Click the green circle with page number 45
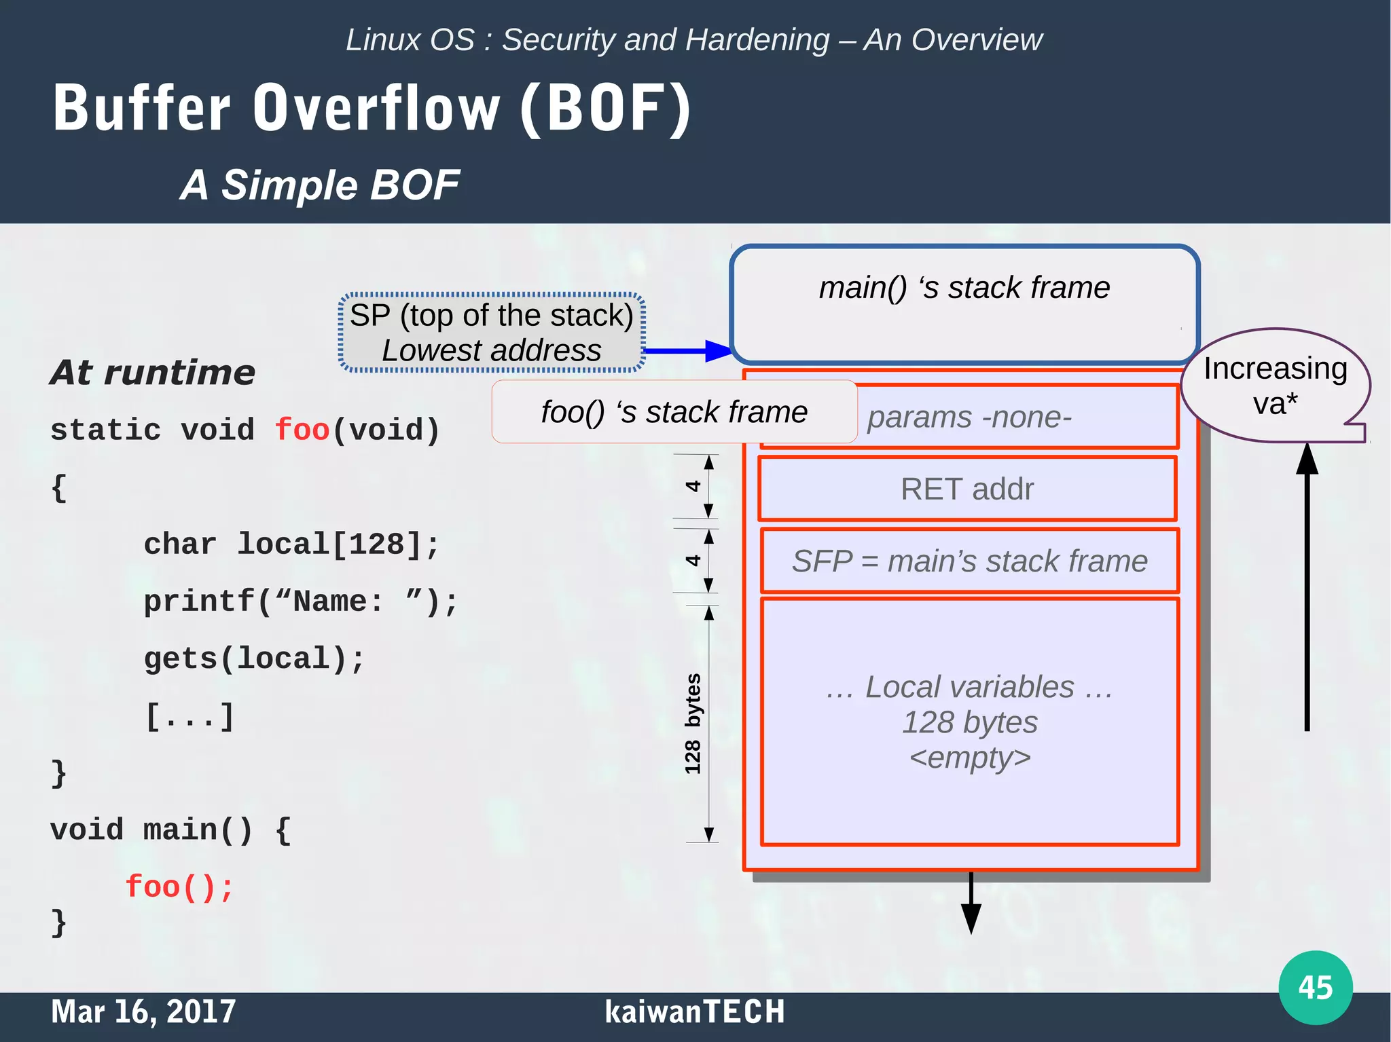pyautogui.click(x=1315, y=987)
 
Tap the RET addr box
pyautogui.click(x=967, y=489)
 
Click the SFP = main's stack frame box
pyautogui.click(x=969, y=561)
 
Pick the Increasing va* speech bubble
pyautogui.click(x=1275, y=386)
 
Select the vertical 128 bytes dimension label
pyautogui.click(x=692, y=724)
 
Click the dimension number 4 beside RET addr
pyautogui.click(x=692, y=486)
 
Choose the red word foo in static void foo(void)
pyautogui.click(x=302, y=430)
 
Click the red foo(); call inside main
pyautogui.click(x=179, y=887)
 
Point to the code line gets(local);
pyautogui.click(x=254, y=658)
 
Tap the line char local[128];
pyautogui.click(x=291, y=544)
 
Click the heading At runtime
pyautogui.click(x=153, y=372)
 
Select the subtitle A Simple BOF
pyautogui.click(x=319, y=185)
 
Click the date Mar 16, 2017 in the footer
pyautogui.click(x=143, y=1011)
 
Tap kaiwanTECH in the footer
pyautogui.click(x=694, y=1011)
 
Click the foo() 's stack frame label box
pyautogui.click(x=674, y=412)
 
